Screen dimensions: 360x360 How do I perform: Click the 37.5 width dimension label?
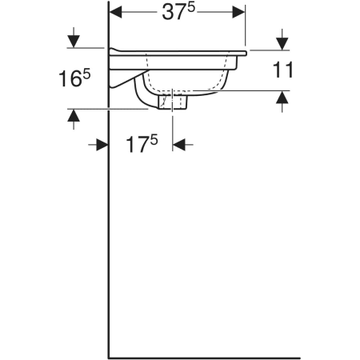point(178,12)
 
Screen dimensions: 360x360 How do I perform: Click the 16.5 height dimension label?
point(74,78)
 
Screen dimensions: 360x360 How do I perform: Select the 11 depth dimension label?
point(282,70)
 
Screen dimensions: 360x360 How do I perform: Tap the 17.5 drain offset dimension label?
point(142,144)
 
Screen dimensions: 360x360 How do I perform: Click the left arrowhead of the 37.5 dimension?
point(116,12)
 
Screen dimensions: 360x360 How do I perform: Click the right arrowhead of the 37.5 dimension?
point(238,12)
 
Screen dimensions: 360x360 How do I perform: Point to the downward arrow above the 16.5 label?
point(74,38)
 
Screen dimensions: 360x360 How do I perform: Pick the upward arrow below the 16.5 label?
point(74,119)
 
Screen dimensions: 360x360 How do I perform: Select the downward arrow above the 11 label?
point(282,39)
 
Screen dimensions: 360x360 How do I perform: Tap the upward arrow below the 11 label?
point(282,102)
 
